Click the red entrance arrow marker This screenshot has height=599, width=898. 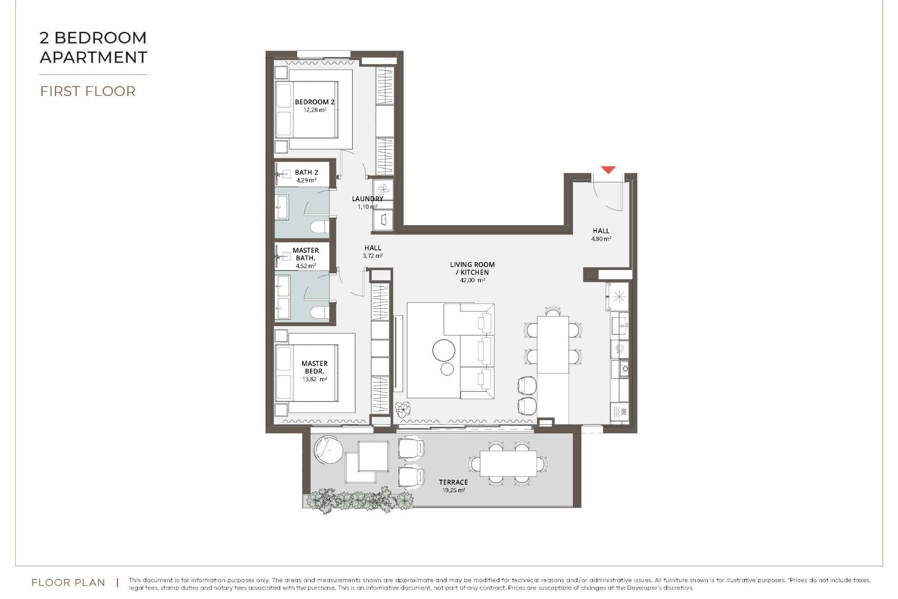point(608,170)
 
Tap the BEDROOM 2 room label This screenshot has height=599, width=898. point(314,102)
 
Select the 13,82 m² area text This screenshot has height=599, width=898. point(314,380)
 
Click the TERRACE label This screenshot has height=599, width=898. point(453,482)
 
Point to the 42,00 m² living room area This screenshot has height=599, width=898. point(472,280)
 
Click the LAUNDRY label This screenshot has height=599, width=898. point(367,199)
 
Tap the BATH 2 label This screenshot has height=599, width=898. point(306,172)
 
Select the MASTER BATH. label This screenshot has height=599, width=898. point(305,254)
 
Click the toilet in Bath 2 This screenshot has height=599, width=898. point(320,227)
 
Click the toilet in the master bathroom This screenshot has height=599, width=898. point(320,312)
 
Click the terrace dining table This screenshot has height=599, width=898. point(508,463)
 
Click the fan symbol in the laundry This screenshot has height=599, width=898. point(383,190)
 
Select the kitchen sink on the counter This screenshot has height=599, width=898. point(620,324)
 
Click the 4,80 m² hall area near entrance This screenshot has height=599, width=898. point(601,239)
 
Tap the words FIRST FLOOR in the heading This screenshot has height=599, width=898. point(88,91)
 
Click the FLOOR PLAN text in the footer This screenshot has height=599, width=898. point(68,583)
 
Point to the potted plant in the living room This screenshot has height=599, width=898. point(402,410)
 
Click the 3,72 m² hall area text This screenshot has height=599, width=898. point(372,256)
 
